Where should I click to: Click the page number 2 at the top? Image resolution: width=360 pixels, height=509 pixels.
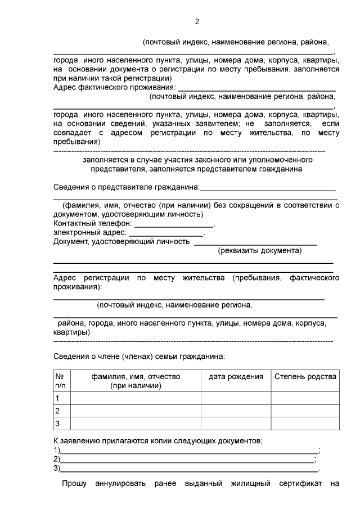coord(197,22)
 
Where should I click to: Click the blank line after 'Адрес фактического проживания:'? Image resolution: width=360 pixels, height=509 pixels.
coord(256,88)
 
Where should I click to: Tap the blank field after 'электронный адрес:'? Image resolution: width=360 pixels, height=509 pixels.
coord(166,232)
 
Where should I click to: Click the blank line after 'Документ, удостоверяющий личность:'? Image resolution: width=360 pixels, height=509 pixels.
coord(255,242)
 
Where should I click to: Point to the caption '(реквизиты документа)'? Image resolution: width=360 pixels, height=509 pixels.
coord(259,251)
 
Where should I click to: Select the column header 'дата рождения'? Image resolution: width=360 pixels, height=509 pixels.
coord(236,377)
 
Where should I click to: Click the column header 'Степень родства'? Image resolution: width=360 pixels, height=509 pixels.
coord(305,377)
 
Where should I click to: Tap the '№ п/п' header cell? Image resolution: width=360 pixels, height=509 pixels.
coord(61,381)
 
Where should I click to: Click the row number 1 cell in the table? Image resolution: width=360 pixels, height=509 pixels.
coord(61,398)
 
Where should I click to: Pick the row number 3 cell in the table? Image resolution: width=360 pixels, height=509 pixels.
coord(61,423)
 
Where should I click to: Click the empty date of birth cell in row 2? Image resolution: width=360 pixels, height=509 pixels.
coord(236,411)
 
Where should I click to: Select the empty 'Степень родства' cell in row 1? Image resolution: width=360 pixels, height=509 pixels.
coord(305,398)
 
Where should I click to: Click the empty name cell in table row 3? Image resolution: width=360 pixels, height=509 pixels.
coord(136,423)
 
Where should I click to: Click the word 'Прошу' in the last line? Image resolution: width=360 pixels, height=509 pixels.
coord(73,484)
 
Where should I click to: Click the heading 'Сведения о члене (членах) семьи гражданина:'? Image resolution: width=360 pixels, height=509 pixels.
coord(138,356)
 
